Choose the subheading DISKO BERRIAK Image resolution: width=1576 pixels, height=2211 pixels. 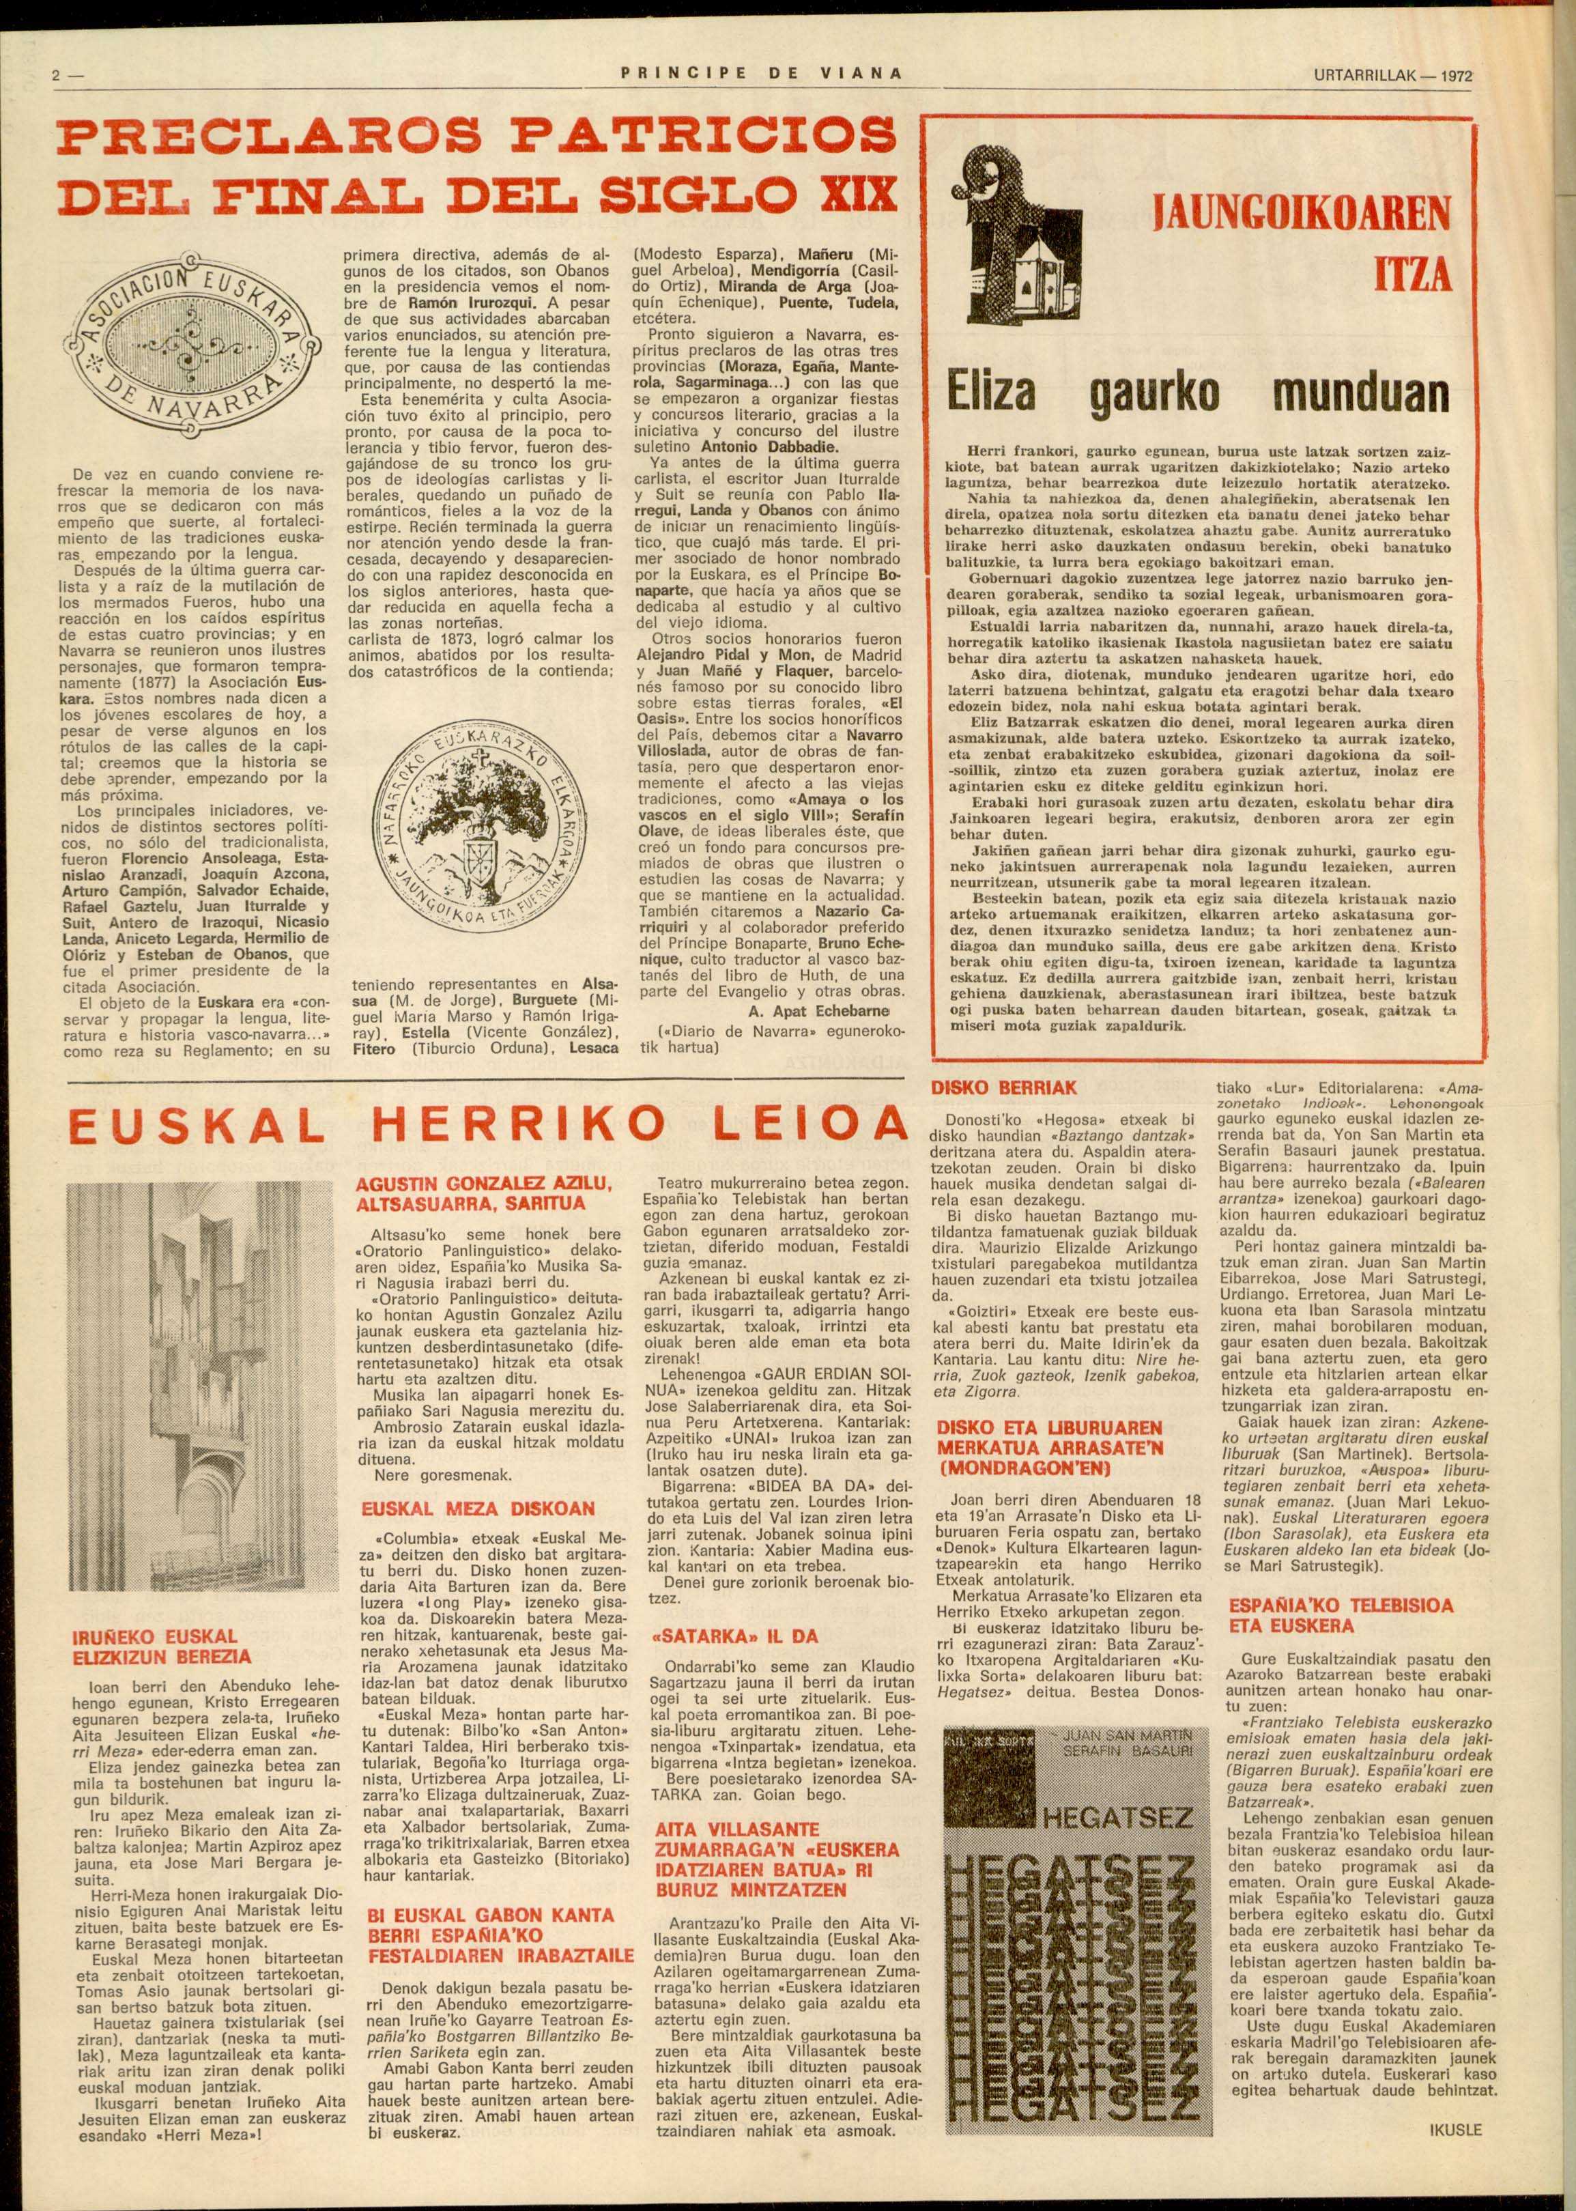click(x=1003, y=1089)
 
